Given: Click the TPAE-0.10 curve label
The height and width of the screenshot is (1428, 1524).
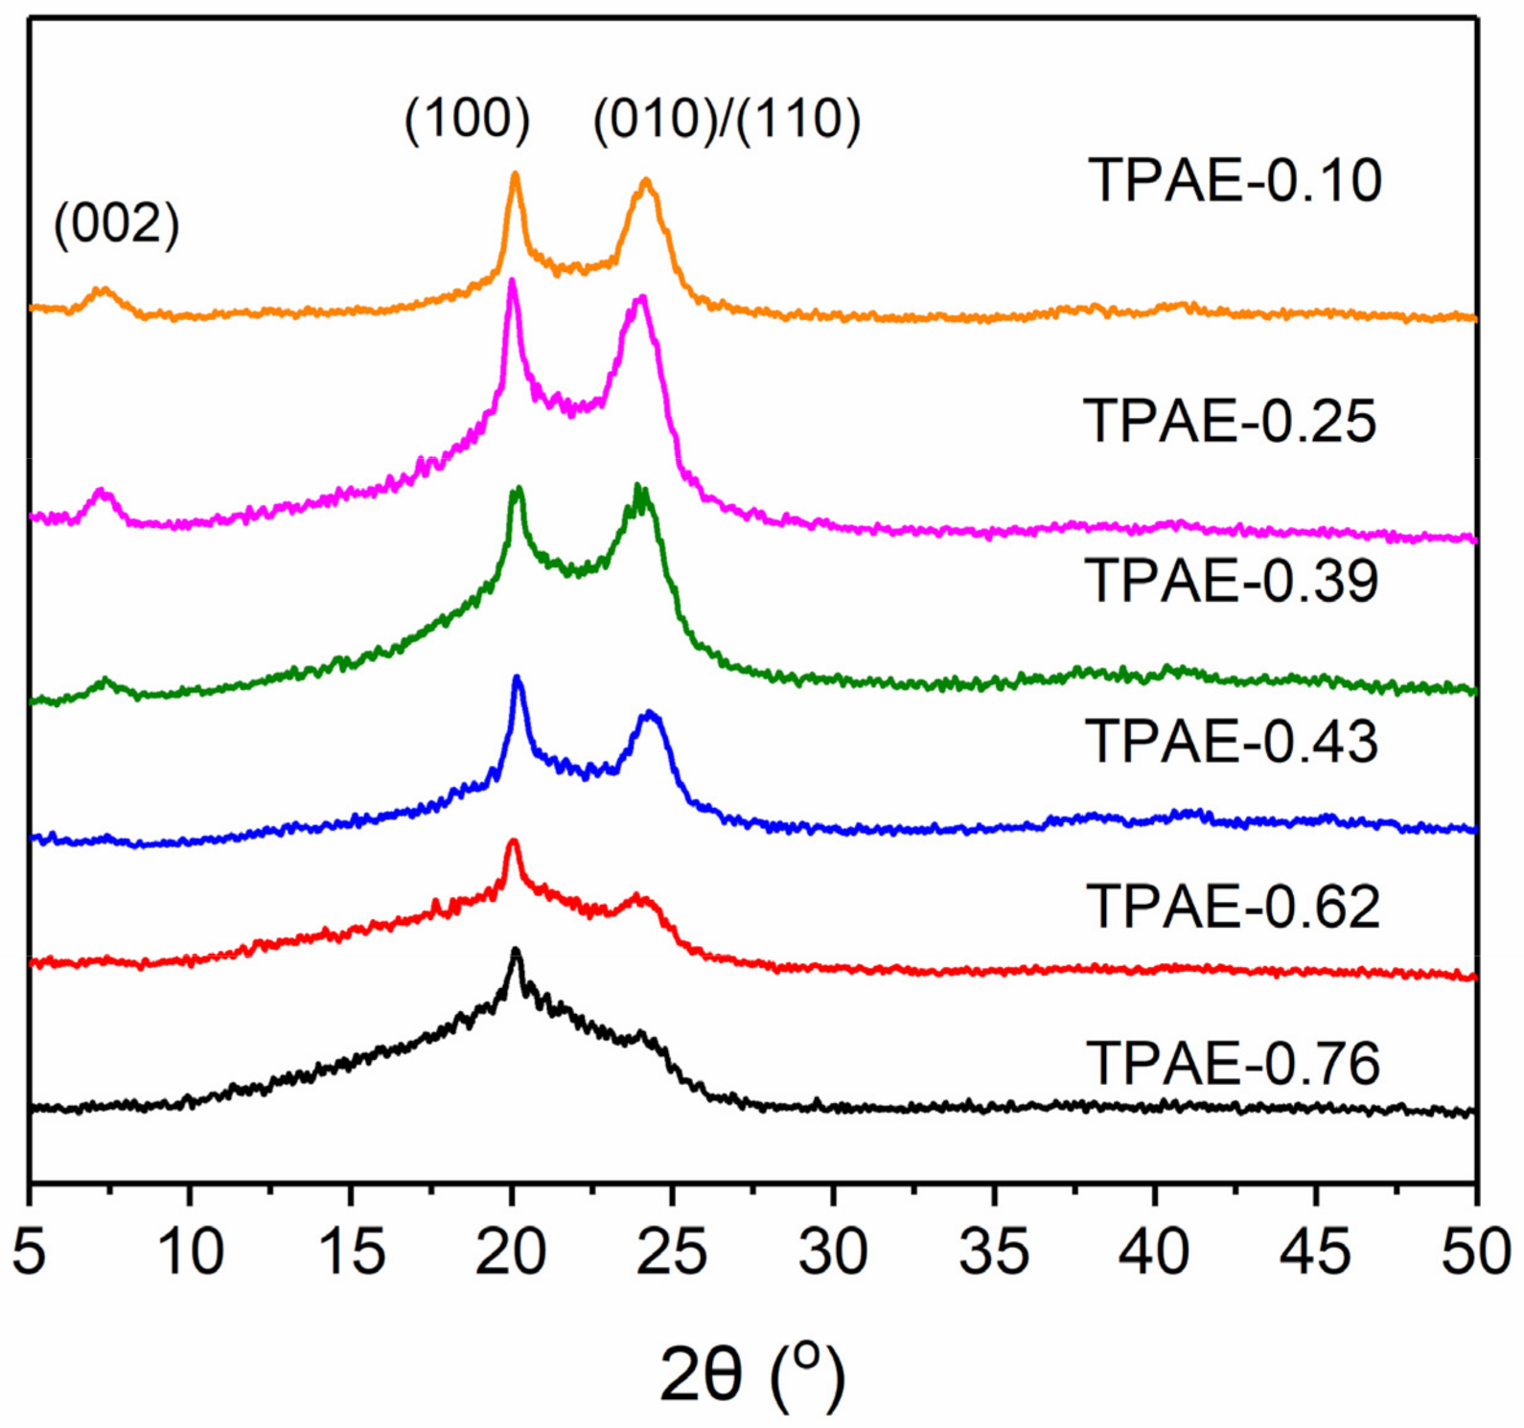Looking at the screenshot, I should [x=1235, y=180].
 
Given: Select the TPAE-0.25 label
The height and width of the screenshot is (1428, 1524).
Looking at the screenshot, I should [x=1230, y=421].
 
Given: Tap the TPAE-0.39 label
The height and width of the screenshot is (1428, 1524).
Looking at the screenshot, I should [x=1232, y=581].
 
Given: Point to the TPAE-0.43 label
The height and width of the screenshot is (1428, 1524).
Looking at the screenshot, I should [x=1232, y=741].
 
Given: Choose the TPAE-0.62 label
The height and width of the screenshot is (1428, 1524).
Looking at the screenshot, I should [x=1233, y=907].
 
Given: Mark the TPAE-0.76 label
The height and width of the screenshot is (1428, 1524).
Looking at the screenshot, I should [x=1233, y=1063].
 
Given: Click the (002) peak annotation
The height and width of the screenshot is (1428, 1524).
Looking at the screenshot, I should [x=117, y=225].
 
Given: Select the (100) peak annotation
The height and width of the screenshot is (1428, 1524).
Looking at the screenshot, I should [x=467, y=120].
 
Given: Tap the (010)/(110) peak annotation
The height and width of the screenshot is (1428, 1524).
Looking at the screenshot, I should [x=727, y=120].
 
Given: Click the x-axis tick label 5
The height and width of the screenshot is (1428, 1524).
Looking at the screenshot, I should [x=30, y=1252].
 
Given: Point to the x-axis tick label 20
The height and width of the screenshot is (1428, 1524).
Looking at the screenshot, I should [x=511, y=1252].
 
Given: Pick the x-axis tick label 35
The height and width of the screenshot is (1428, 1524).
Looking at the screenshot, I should [x=994, y=1252].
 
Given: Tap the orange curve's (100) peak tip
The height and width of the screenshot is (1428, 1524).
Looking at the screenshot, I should [x=515, y=174].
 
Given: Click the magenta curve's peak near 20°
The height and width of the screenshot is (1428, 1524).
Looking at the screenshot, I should [x=512, y=281].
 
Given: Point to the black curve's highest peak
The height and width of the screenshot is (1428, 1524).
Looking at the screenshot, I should [x=516, y=950].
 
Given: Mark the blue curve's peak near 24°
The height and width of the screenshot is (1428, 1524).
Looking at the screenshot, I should [x=650, y=713].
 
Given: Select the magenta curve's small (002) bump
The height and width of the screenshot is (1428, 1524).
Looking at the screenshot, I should [x=102, y=493].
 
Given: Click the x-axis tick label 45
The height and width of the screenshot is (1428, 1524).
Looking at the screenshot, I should [x=1315, y=1252].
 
